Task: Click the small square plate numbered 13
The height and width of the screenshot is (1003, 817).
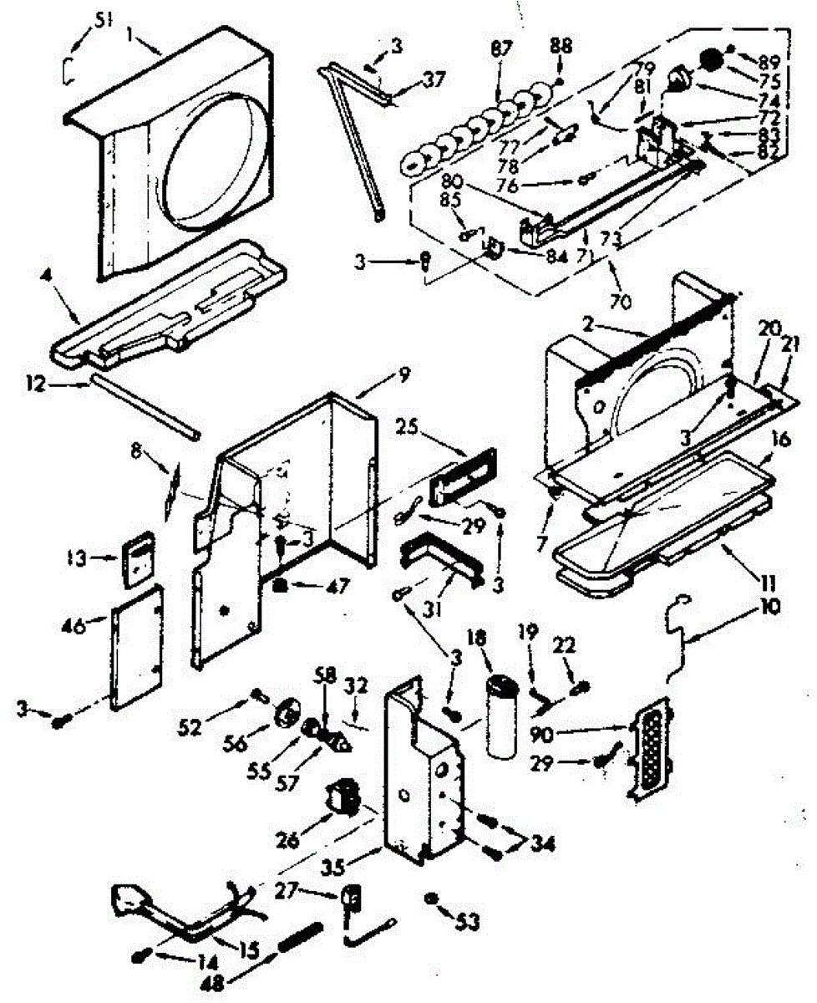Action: (138, 558)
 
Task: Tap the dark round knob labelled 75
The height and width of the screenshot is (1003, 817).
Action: (710, 61)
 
